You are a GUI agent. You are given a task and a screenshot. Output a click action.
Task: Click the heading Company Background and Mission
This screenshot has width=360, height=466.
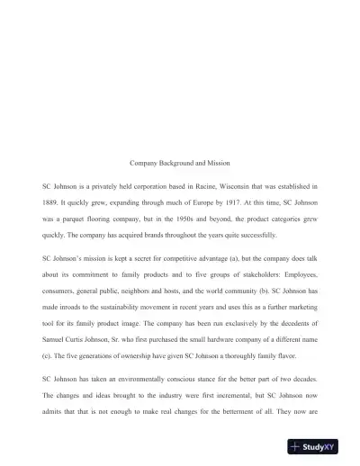click(x=180, y=163)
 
